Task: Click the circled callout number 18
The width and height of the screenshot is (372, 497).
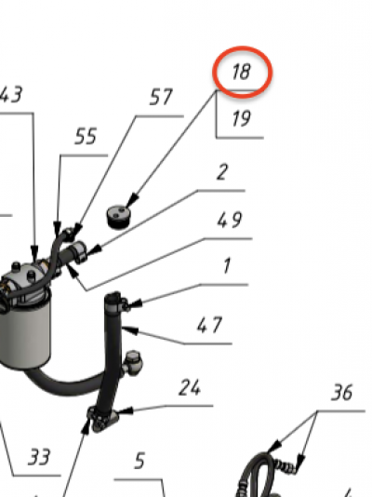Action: point(242,72)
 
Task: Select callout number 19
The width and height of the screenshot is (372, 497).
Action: point(242,118)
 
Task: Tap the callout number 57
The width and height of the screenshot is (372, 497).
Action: point(161,97)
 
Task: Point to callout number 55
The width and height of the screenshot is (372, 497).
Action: point(86,137)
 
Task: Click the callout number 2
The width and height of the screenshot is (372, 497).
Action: point(222,172)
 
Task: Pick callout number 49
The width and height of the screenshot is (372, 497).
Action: point(230,220)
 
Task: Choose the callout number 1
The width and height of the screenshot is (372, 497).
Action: point(227,265)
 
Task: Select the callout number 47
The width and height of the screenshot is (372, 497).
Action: point(209,325)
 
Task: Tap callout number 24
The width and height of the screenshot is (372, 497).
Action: point(190,387)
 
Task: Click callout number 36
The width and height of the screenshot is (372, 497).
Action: point(341,393)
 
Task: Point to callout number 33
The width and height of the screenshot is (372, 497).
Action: point(39,457)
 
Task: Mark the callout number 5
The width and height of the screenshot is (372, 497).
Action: point(139,461)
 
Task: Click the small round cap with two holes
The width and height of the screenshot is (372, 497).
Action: point(119,217)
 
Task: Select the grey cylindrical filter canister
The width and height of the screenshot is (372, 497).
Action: point(25,329)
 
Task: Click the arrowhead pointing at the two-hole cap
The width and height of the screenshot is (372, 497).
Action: point(133,200)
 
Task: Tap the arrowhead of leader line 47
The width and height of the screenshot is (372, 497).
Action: point(130,330)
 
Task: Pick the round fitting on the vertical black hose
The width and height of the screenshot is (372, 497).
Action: point(133,362)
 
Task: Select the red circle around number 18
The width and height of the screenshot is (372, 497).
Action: point(242,73)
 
